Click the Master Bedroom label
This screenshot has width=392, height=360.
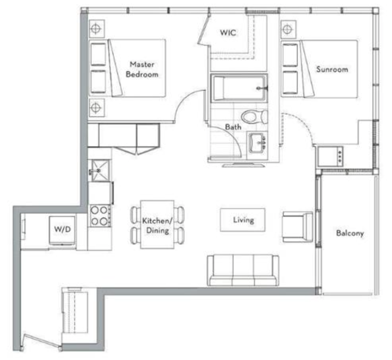click(x=142, y=69)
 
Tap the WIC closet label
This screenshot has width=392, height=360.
click(x=228, y=33)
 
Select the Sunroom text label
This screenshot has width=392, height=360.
click(x=332, y=69)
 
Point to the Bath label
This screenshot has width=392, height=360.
click(x=233, y=127)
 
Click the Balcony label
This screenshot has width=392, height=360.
click(x=350, y=233)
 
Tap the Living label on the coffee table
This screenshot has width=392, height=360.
click(x=243, y=220)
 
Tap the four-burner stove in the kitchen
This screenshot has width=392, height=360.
click(x=100, y=215)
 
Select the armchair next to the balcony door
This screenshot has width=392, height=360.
click(x=297, y=227)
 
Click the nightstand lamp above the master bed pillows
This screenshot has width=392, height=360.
click(x=96, y=28)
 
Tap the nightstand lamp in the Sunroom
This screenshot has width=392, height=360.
click(x=286, y=29)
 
